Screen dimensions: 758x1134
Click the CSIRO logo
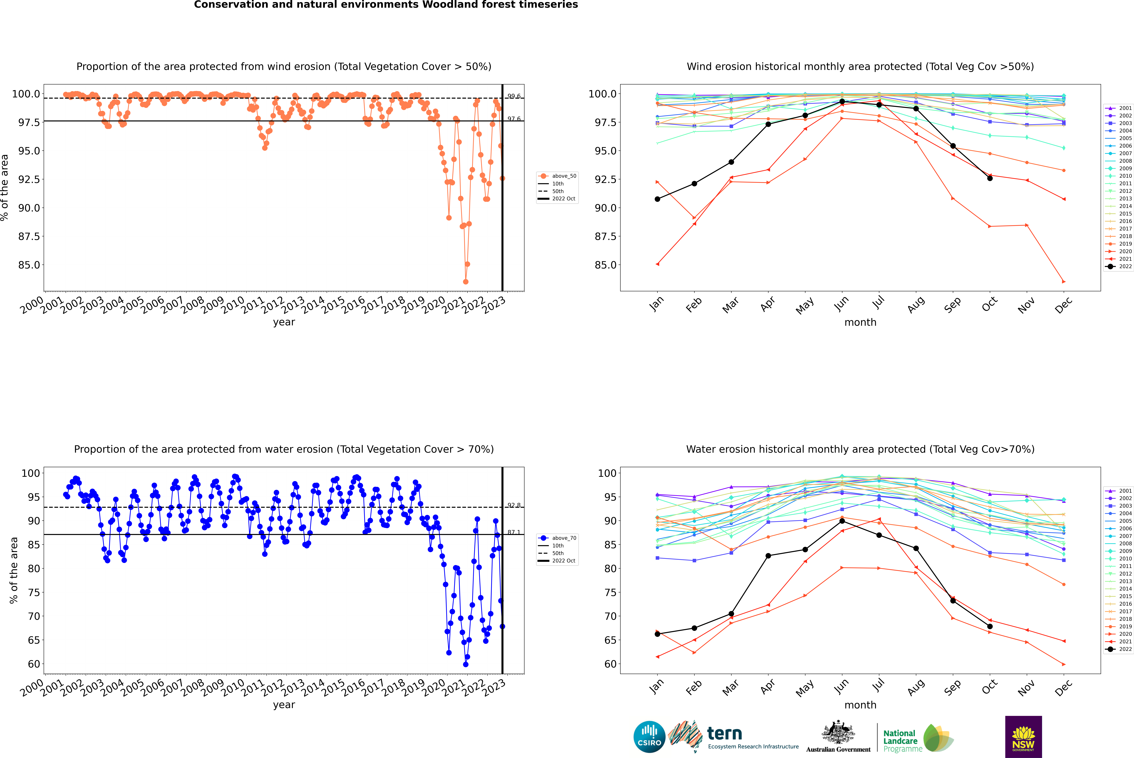(649, 737)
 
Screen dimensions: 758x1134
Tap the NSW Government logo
(1023, 737)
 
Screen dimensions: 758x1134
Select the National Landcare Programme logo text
(900, 741)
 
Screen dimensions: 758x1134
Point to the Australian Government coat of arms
(838, 732)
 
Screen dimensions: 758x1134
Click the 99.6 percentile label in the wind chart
(514, 96)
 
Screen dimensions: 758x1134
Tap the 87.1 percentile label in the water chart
(514, 532)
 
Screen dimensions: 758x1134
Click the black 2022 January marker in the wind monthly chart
(657, 199)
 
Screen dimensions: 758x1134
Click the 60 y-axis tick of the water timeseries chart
(34, 664)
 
